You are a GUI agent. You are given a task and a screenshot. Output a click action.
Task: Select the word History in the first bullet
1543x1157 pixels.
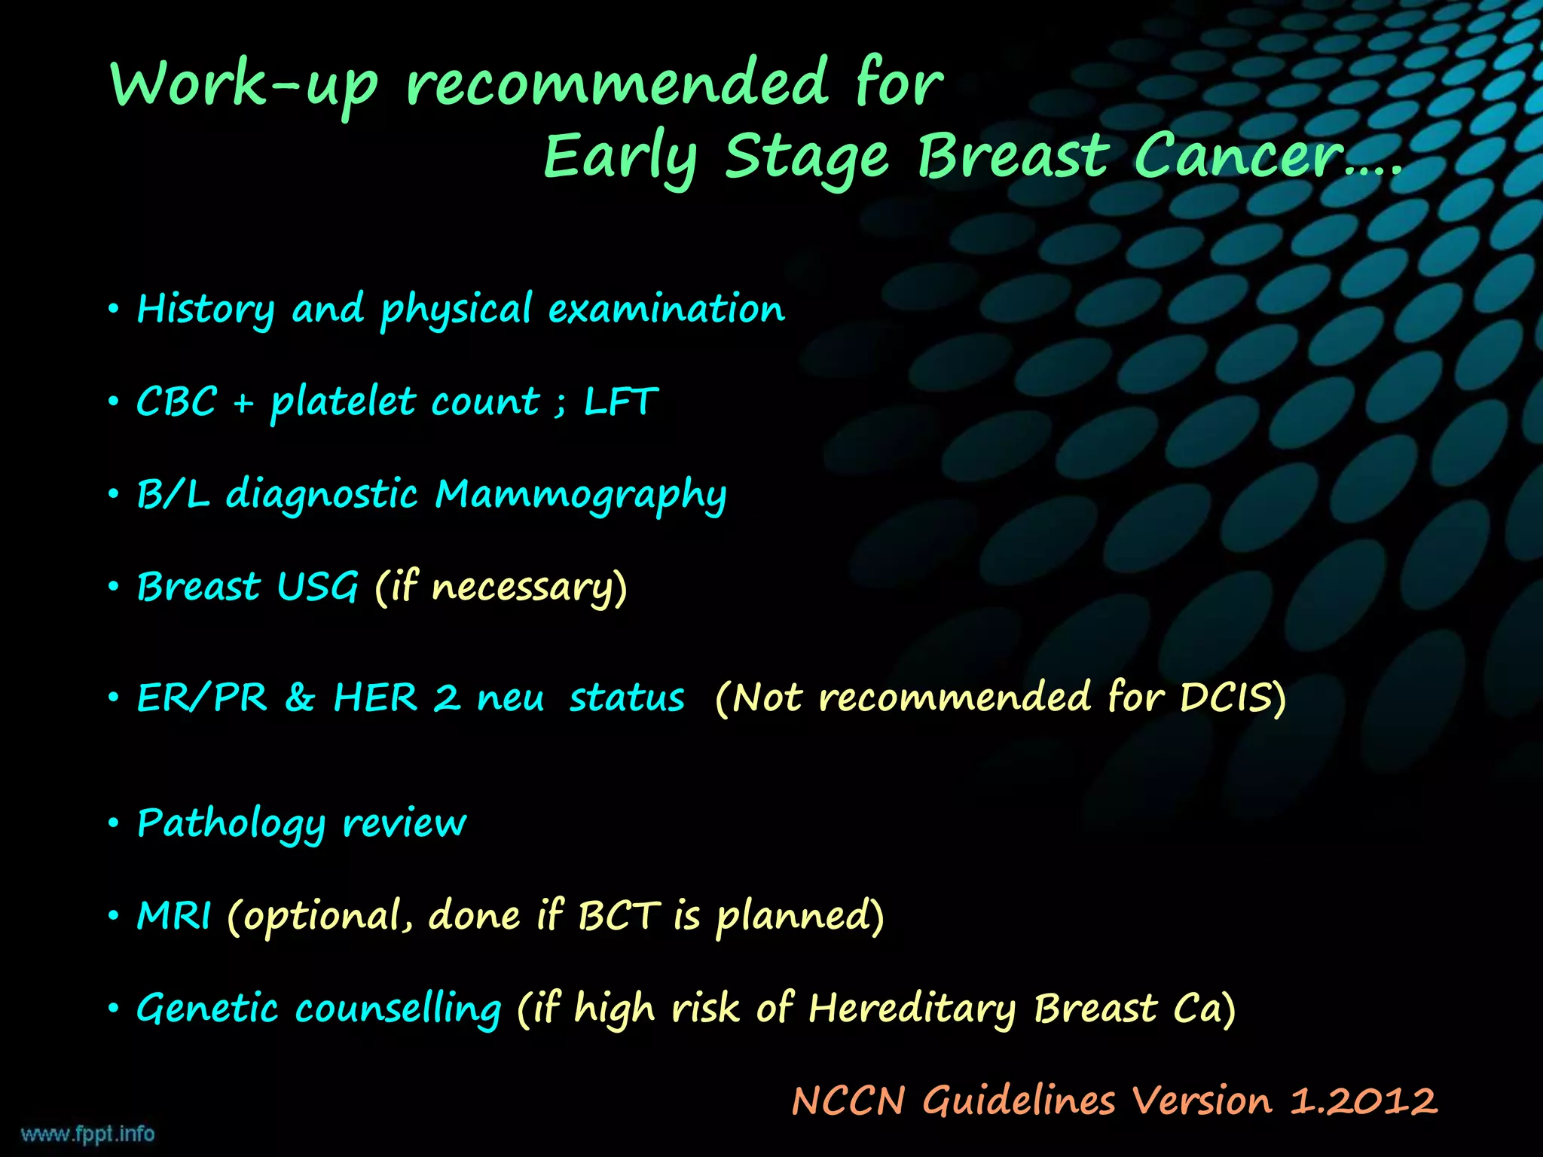click(x=206, y=310)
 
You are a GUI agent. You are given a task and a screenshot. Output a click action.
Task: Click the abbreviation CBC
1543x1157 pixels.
click(x=176, y=401)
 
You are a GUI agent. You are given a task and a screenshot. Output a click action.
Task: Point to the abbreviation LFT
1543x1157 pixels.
click(x=621, y=401)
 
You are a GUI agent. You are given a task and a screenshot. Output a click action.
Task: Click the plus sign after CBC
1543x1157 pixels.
click(x=243, y=404)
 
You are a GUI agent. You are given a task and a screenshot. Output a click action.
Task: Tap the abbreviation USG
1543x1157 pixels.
click(x=317, y=587)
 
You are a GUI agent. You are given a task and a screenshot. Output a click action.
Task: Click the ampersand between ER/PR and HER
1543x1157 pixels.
click(x=300, y=698)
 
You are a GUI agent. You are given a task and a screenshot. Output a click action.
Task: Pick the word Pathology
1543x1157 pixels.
click(x=231, y=823)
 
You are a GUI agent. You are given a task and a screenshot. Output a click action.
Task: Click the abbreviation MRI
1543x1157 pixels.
click(x=174, y=916)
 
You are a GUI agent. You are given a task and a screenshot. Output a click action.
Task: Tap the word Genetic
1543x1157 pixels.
click(x=207, y=1009)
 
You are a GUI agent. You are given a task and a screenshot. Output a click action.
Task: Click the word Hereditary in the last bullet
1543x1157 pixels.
click(x=912, y=1009)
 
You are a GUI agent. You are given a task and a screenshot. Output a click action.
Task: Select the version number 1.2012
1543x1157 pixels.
click(x=1364, y=1101)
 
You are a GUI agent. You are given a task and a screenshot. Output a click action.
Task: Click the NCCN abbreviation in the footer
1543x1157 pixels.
click(x=848, y=1101)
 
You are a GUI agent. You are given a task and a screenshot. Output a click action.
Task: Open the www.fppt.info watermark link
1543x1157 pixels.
click(x=87, y=1134)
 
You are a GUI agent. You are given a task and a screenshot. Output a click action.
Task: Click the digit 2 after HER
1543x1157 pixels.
click(x=447, y=698)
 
